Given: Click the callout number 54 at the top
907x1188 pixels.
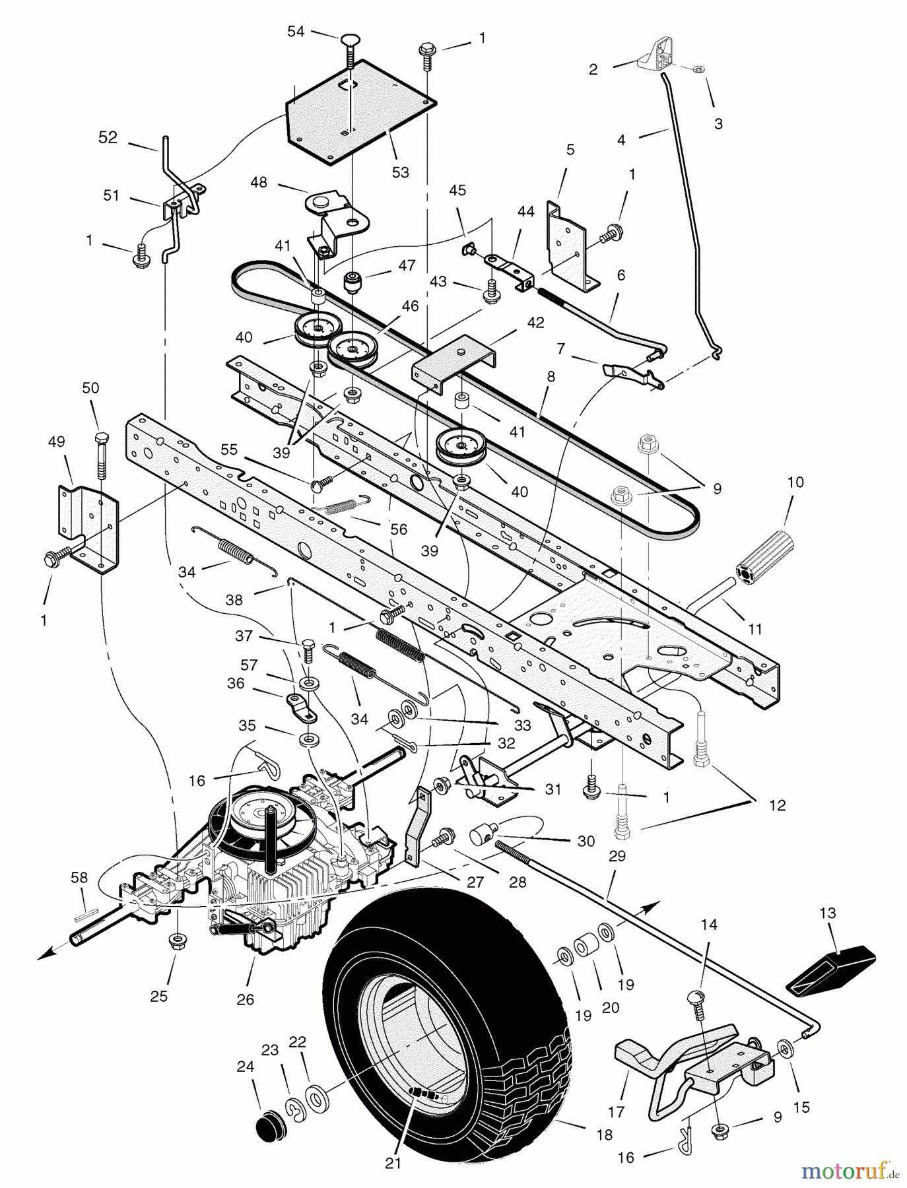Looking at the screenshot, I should click(x=296, y=31).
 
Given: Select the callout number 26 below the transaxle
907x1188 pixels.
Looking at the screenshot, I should click(x=245, y=1001).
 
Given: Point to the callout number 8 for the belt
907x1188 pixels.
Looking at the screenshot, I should click(x=551, y=378).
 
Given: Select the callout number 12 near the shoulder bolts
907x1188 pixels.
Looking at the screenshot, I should click(x=778, y=805).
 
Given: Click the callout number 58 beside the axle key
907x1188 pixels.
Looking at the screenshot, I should click(x=79, y=877).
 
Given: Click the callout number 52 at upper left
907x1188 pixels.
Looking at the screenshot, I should click(x=108, y=138).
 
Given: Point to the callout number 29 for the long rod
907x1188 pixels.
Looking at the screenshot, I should click(x=617, y=855).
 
